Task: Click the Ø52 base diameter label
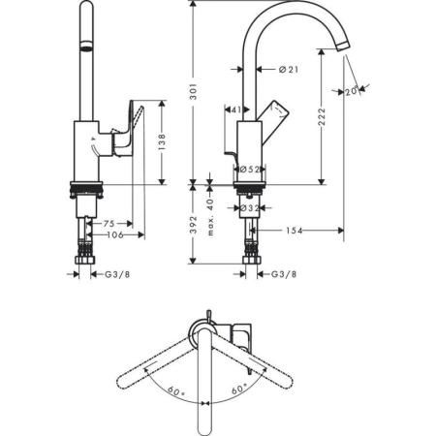click(x=247, y=169)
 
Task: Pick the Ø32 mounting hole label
click(x=247, y=207)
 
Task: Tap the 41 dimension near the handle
click(x=234, y=109)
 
